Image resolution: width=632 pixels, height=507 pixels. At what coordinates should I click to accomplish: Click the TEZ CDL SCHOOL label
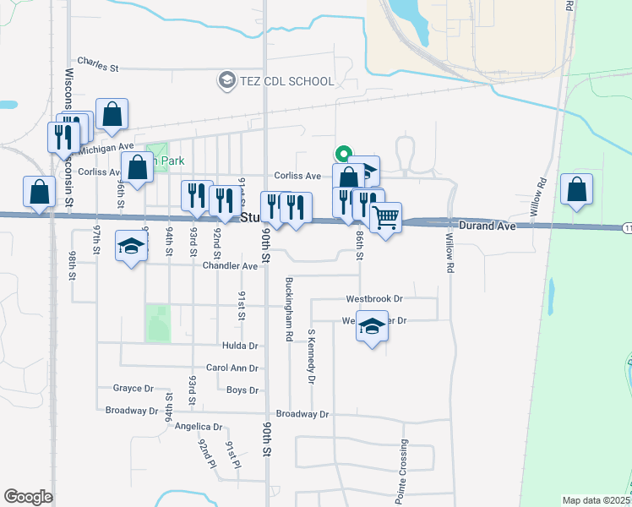point(286,81)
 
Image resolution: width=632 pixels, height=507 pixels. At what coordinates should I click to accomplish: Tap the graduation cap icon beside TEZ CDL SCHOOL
point(226,81)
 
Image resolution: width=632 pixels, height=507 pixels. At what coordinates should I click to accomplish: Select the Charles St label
point(99,62)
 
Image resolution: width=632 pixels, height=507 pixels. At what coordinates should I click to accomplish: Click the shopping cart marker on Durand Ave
point(386,218)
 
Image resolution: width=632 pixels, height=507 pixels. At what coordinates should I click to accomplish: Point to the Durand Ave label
point(487,226)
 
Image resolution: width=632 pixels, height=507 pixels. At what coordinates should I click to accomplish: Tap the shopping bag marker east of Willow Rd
point(576,191)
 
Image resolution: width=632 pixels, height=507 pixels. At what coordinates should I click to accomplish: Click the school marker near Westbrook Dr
point(371,326)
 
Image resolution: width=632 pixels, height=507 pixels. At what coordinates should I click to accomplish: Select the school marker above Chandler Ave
point(131,246)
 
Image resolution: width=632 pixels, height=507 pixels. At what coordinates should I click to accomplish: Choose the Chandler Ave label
point(230,266)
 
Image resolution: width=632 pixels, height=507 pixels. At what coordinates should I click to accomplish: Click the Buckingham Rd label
point(289,308)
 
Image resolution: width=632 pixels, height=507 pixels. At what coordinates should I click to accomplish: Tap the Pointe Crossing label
point(403,470)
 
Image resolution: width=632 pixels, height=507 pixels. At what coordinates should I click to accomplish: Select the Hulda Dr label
point(240,346)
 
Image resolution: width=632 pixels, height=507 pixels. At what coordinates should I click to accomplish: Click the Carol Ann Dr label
point(232,368)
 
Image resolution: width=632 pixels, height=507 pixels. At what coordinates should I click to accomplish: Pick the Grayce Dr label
point(133,389)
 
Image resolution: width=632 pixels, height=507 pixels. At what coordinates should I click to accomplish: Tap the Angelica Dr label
point(199,427)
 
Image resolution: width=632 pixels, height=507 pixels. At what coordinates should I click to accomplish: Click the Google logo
point(28,497)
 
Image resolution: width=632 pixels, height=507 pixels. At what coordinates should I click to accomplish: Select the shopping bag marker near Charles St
point(112,114)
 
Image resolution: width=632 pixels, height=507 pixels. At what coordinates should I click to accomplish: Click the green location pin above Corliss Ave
point(342,155)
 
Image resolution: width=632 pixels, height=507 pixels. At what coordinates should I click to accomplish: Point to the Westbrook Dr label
point(374,299)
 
